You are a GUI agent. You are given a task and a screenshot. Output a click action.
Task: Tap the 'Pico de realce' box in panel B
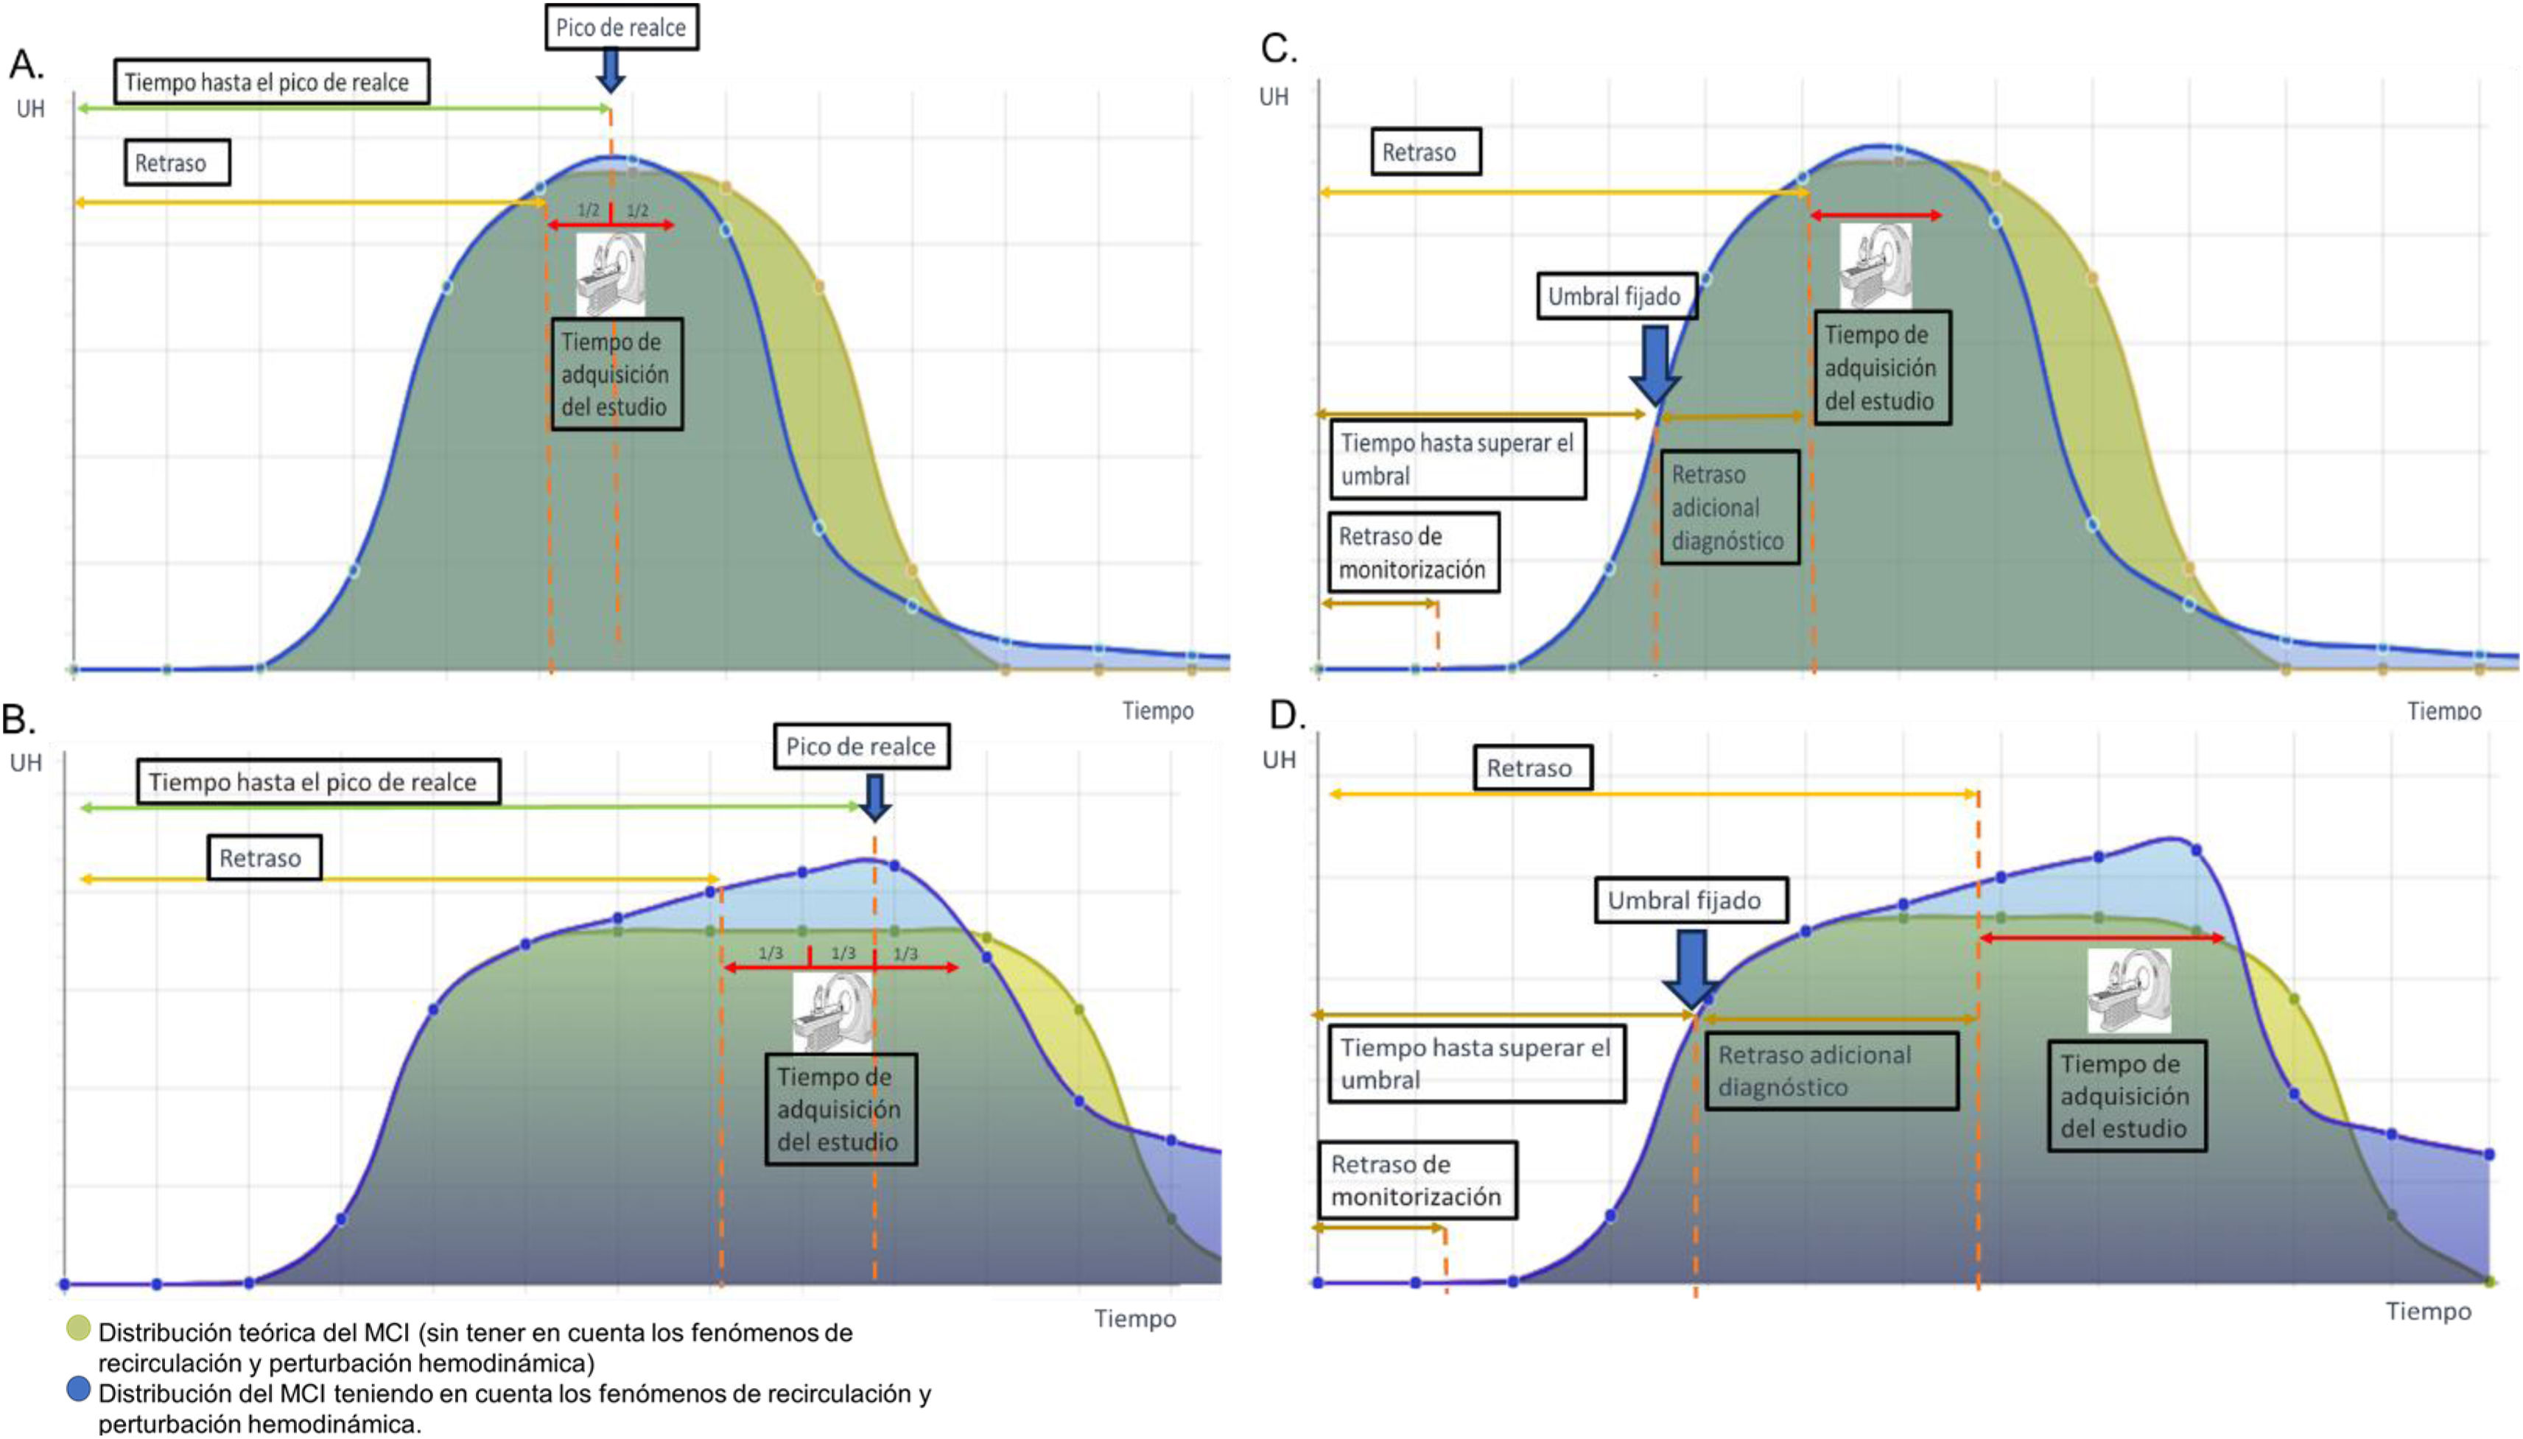[x=860, y=746]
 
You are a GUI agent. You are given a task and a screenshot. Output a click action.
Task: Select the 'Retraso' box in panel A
[x=176, y=163]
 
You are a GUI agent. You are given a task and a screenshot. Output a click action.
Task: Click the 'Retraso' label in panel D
[x=1531, y=768]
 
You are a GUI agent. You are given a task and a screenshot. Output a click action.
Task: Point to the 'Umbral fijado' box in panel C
[x=1615, y=295]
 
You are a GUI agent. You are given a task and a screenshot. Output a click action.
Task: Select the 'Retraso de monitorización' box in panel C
[x=1411, y=552]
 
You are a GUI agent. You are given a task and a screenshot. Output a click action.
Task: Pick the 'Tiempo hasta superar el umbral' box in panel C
[x=1456, y=460]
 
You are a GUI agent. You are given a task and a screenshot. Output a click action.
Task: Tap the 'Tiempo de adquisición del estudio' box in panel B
[x=839, y=1109]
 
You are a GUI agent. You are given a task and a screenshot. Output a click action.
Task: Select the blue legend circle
[x=78, y=1389]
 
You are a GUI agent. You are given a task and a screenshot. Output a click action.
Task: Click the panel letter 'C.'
[x=1278, y=49]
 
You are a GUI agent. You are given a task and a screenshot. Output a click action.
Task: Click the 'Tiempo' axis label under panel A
[x=1157, y=711]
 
